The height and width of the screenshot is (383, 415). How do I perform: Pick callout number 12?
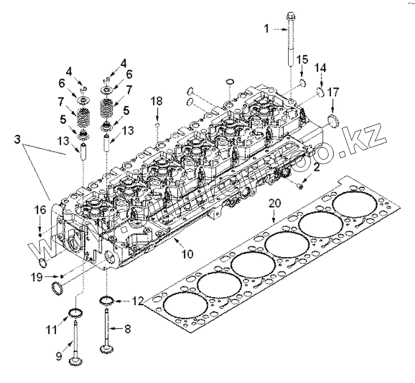coord(137,301)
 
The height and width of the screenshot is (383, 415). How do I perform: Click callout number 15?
coord(303,59)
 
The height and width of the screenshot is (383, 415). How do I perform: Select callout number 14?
coord(320,68)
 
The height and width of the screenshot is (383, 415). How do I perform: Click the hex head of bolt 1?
coord(288,16)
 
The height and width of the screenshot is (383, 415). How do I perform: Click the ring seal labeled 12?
coord(108,301)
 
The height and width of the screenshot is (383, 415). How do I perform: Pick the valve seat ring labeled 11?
coord(74,314)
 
